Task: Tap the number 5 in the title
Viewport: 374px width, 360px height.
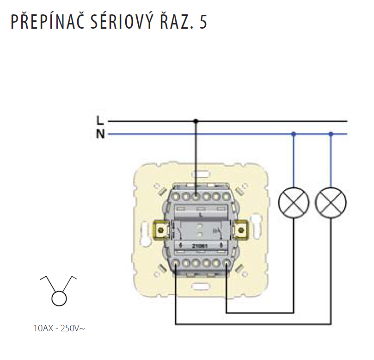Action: pyautogui.click(x=204, y=22)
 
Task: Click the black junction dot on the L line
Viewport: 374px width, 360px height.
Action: pyautogui.click(x=196, y=121)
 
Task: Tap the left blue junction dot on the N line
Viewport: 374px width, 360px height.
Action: pyautogui.click(x=294, y=134)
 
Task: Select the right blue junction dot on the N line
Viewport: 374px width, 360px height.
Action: pyautogui.click(x=331, y=134)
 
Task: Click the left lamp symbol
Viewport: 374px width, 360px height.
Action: pyautogui.click(x=294, y=202)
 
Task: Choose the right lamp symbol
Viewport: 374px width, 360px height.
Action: pyautogui.click(x=331, y=202)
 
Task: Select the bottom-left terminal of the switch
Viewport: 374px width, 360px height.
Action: pyautogui.click(x=176, y=264)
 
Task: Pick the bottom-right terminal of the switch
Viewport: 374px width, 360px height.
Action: pyautogui.click(x=226, y=264)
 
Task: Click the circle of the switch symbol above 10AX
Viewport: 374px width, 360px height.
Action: pyautogui.click(x=59, y=298)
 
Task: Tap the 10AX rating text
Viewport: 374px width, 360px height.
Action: pyautogui.click(x=43, y=329)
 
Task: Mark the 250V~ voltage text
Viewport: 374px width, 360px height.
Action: pyautogui.click(x=73, y=329)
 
